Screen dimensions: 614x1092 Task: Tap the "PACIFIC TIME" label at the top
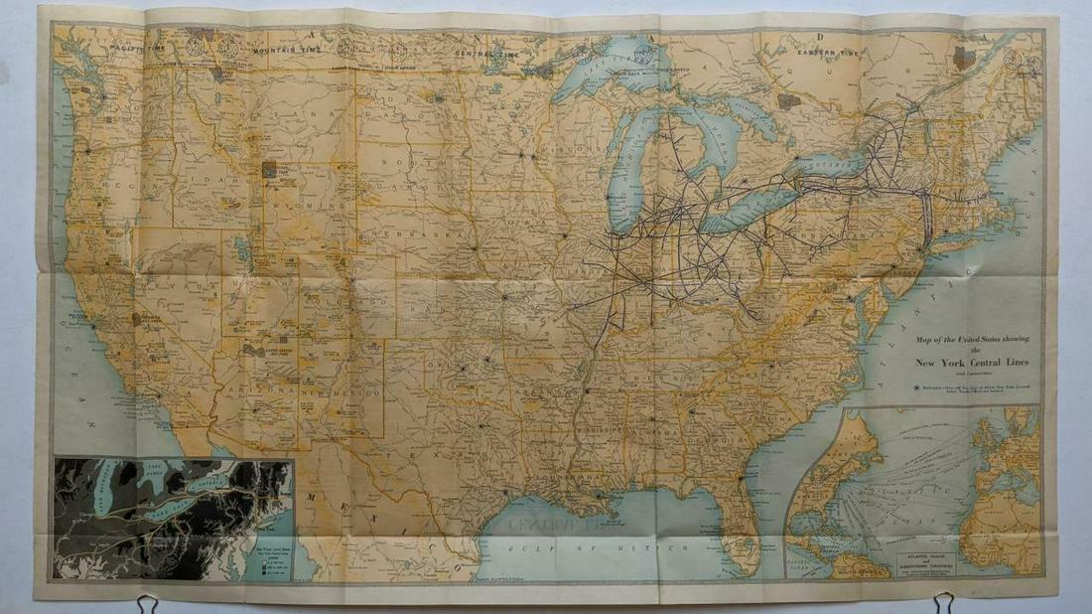click(x=138, y=48)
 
